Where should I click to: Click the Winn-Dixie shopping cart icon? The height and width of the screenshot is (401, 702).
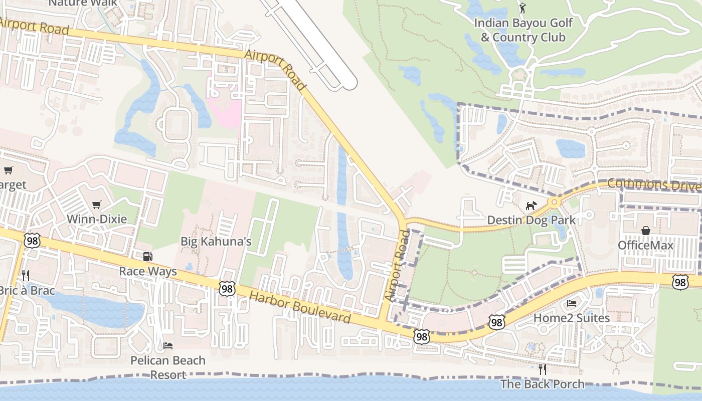97,205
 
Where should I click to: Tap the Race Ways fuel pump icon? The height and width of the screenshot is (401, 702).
147,257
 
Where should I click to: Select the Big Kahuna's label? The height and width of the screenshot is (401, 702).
216,242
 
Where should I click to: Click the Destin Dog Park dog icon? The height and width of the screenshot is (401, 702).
531,206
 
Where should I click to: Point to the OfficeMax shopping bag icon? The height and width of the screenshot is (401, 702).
645,231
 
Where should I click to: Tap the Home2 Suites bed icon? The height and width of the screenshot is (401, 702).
571,303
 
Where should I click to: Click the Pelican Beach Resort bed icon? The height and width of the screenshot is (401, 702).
168,346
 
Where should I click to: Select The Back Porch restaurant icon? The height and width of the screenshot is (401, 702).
542,369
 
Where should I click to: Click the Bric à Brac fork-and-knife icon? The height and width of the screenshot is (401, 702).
26,275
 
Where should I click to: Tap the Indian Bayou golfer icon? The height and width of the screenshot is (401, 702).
522,8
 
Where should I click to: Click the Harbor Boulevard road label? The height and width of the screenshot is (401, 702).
300,308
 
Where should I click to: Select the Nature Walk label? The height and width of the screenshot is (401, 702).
83,3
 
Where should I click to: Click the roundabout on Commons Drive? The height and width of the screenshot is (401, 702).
554,202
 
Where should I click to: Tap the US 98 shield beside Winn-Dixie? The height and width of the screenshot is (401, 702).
31,241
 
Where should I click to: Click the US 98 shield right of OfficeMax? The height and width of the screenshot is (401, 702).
680,282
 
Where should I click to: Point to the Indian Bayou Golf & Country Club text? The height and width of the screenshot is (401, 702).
523,30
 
